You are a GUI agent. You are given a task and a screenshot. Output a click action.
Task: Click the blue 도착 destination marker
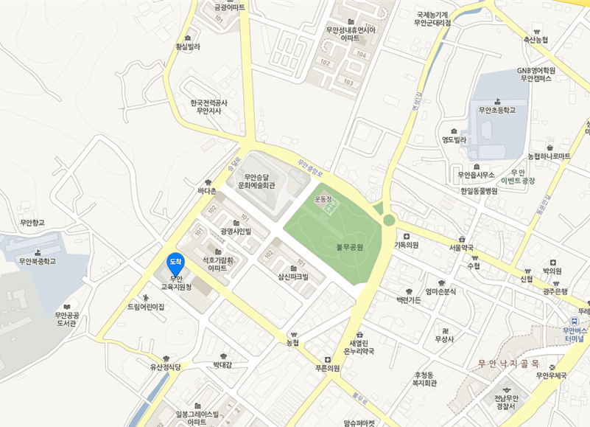pos(175,262)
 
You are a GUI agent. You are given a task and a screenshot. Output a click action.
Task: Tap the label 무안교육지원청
pos(176,282)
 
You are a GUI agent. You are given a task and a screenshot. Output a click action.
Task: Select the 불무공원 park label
pos(350,248)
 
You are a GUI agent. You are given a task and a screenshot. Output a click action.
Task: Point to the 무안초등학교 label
pos(496,110)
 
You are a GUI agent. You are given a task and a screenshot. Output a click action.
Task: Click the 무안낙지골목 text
pos(509,363)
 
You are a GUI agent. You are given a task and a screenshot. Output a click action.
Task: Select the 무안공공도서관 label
pos(66,319)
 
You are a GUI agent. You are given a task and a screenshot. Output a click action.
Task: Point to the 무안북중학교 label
pos(38,261)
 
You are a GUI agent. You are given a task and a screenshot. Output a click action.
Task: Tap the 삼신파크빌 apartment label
pos(292,277)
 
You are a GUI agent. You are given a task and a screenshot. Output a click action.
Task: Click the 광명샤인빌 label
pos(236,231)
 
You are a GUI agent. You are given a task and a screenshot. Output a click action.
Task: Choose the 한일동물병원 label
pos(479,191)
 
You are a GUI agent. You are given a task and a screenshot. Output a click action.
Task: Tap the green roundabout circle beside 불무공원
pos(389,220)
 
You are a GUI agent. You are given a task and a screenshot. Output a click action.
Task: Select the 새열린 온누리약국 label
pos(359,347)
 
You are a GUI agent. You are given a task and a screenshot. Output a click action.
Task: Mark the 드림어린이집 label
pos(145,306)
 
